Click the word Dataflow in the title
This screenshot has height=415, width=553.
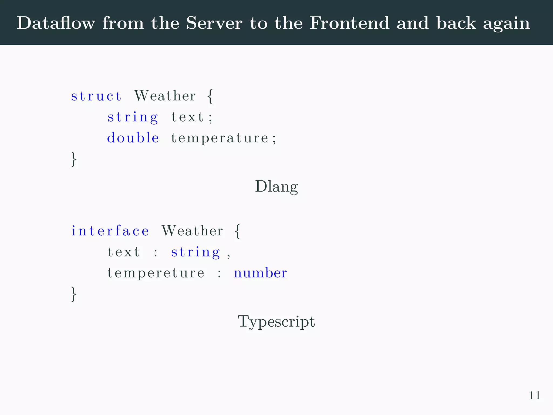coord(56,23)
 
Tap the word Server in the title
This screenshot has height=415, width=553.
coord(214,23)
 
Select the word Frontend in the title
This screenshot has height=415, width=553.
coord(349,23)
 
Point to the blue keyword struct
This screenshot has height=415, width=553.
coord(96,96)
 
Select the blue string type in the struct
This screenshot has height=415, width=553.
coord(133,117)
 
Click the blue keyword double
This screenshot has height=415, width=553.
coord(133,138)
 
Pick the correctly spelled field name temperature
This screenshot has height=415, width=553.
coord(220,138)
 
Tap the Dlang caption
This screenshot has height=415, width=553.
coord(276,187)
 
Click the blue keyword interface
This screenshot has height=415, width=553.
coord(110,231)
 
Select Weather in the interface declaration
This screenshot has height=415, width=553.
coord(192,231)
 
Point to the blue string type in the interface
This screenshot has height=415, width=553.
coord(196,252)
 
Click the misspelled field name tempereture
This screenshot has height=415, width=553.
coord(156,273)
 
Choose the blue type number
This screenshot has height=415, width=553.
coord(260,273)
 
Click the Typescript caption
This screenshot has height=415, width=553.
coord(276,322)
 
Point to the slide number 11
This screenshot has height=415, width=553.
coord(534,396)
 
